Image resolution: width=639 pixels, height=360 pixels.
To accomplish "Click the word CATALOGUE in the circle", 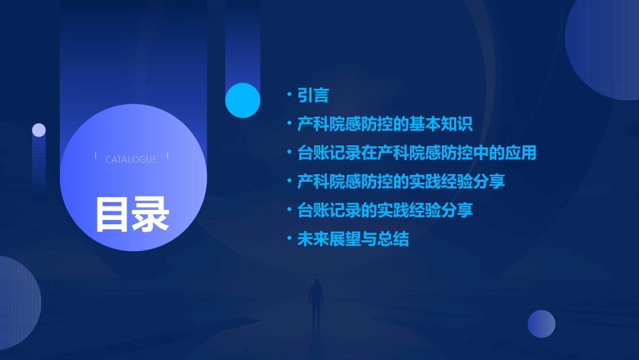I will click(x=131, y=159).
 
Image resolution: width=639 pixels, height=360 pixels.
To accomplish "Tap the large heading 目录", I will click(x=132, y=214).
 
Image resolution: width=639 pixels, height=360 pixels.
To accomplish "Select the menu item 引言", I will click(x=313, y=96).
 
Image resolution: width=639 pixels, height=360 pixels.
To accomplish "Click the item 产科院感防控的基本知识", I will click(x=385, y=124).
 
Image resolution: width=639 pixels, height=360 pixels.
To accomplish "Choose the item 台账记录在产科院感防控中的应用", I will click(x=416, y=153).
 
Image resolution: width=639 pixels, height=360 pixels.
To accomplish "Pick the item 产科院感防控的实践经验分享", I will click(x=401, y=182).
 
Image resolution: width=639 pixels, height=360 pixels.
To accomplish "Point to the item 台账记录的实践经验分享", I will click(x=385, y=211).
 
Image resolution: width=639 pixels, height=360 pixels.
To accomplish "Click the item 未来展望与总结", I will click(x=352, y=240).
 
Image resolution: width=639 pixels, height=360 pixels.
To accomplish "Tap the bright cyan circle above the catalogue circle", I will click(x=243, y=100).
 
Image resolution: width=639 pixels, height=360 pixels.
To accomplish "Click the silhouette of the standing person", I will click(x=315, y=303).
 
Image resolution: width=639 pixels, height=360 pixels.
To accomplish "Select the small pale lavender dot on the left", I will click(x=39, y=130).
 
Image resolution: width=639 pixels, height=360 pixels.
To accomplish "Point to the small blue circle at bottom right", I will click(x=541, y=324).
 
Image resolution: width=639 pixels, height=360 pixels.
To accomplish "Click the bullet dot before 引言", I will click(x=290, y=96).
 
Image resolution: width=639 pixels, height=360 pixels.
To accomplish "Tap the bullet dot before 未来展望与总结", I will click(x=290, y=240).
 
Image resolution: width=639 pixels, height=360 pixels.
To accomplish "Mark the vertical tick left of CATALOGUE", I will click(x=96, y=156).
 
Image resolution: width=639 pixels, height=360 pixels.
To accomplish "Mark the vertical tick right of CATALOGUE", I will click(x=167, y=156).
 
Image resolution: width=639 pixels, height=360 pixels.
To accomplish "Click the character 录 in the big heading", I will click(x=151, y=214).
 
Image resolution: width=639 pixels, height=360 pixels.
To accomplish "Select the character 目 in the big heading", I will click(x=112, y=214).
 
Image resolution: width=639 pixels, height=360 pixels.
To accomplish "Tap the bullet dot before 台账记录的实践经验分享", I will click(x=290, y=211).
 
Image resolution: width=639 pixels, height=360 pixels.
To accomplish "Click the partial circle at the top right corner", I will click(x=605, y=44).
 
